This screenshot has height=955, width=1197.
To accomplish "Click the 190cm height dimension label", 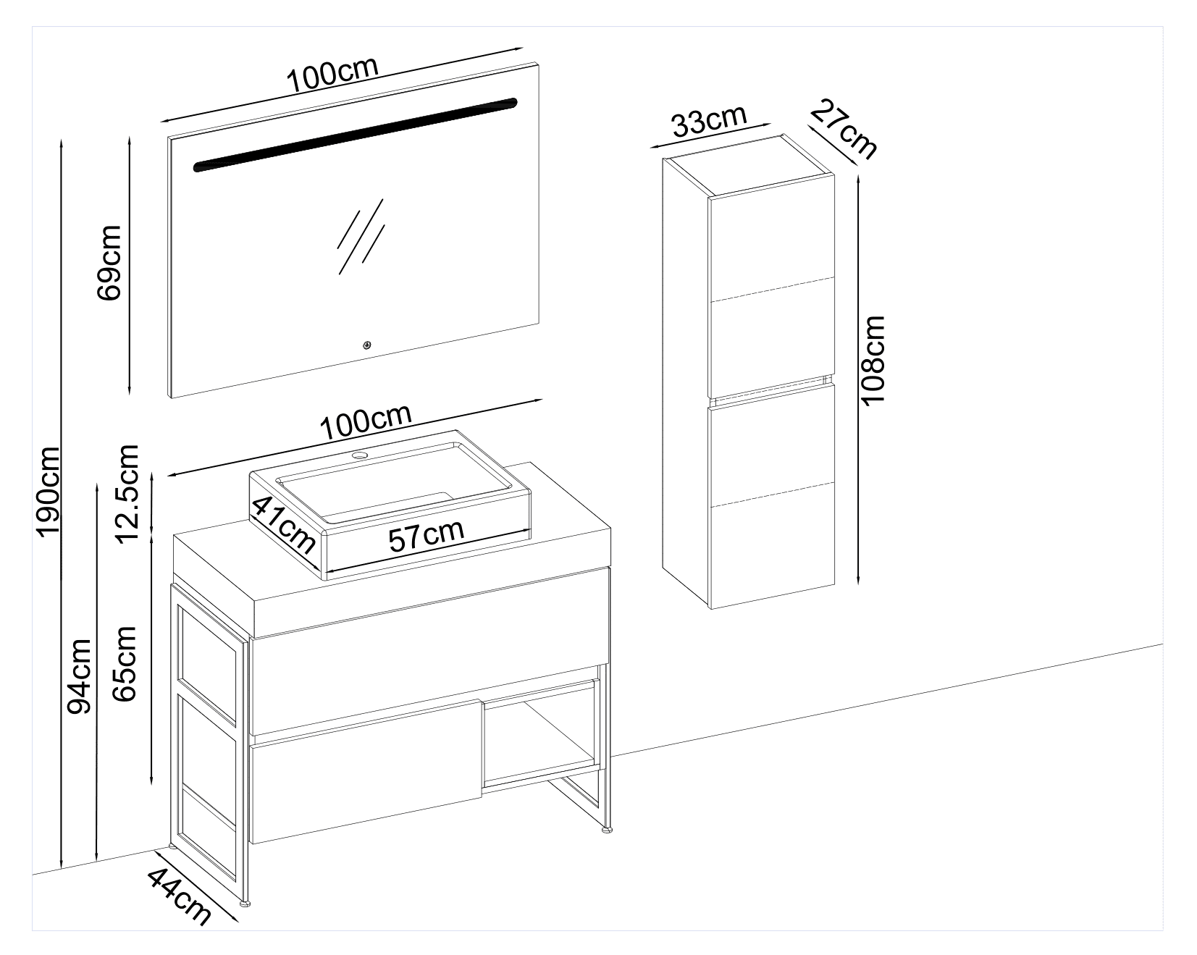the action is tap(49, 492).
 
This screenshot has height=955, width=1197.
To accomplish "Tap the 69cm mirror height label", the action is tap(109, 262).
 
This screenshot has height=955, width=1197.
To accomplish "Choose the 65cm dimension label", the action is tap(125, 663).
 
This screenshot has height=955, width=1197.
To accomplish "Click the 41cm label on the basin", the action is tap(284, 523).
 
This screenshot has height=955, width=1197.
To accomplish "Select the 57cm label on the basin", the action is tap(426, 535).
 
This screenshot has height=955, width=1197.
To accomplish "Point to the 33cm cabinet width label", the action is tap(709, 121).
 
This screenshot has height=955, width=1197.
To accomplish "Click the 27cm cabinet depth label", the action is tap(843, 130).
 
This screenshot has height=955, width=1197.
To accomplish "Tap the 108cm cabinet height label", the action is tap(874, 361).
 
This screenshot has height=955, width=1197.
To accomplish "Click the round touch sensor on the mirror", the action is tap(367, 345).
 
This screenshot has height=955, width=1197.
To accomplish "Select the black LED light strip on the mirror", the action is tap(356, 135).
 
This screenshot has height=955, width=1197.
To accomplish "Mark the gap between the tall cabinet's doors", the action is tap(770, 389).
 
